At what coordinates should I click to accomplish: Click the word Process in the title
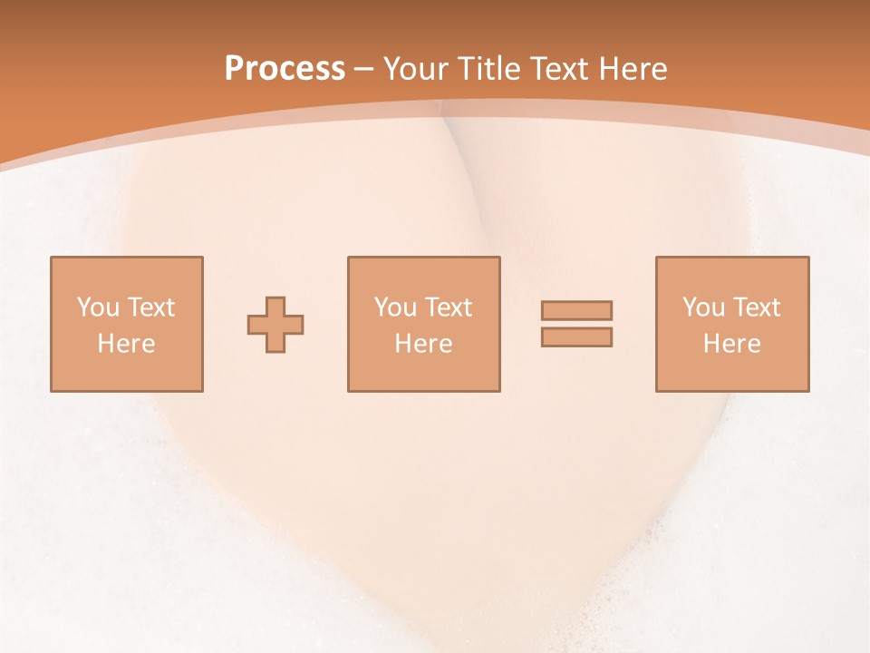pos(285,69)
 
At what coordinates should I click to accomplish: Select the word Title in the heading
pos(489,69)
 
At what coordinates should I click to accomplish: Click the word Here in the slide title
pos(633,69)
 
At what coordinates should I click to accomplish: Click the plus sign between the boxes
pos(275,325)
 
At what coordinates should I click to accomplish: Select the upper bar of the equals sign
pos(576,310)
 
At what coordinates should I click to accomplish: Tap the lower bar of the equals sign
pos(576,336)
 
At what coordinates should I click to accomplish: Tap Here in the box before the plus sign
pos(126,344)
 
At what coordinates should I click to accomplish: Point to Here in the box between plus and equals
pos(423,344)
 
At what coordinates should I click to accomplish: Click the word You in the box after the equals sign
pos(703,307)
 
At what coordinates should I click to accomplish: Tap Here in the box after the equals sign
pos(731,344)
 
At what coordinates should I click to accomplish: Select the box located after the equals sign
pos(732,372)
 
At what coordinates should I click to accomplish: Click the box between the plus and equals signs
pos(424,372)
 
